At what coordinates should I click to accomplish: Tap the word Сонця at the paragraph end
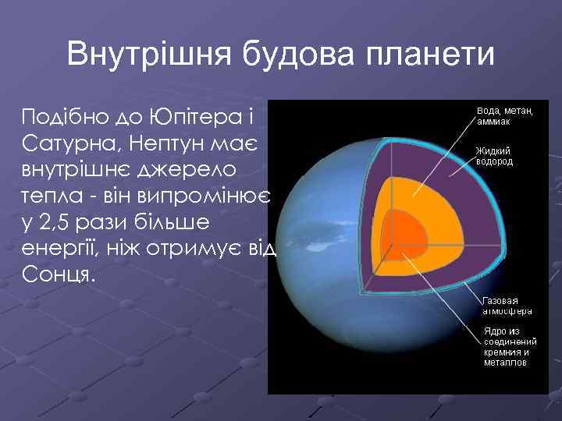tap(59, 276)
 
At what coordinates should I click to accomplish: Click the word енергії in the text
tap(63, 249)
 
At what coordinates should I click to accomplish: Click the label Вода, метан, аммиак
tap(505, 116)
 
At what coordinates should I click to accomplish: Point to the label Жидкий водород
tap(494, 156)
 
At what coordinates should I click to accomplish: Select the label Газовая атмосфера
tap(507, 305)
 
